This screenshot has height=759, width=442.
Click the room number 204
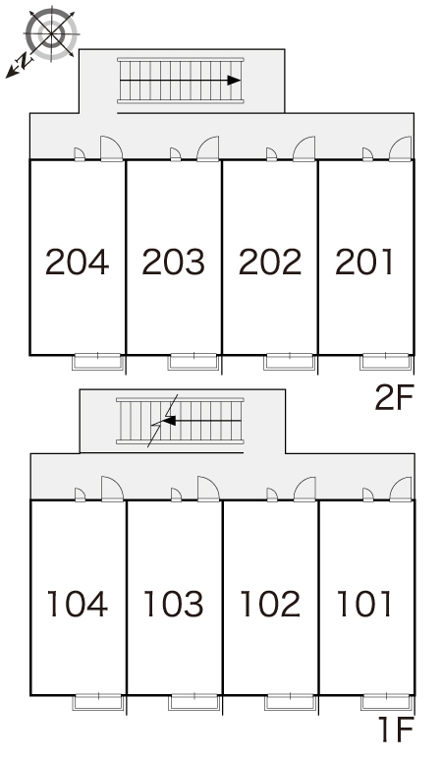(x=78, y=262)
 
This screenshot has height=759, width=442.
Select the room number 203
(x=174, y=262)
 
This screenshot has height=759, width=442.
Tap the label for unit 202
(x=270, y=262)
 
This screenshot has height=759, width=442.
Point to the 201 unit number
(x=363, y=262)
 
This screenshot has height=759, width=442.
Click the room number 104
(x=78, y=604)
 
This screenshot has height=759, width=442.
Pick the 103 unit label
(x=174, y=604)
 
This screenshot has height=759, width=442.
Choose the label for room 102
(x=270, y=604)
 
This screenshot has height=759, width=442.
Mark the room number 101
(x=363, y=604)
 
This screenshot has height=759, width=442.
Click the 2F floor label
(x=395, y=398)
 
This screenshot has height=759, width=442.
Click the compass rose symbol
(x=51, y=33)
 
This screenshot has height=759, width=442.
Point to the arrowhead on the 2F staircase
(x=234, y=81)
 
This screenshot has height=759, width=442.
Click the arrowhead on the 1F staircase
(x=169, y=421)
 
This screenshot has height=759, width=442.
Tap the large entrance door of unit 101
(x=401, y=489)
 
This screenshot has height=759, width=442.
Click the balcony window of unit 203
(x=193, y=362)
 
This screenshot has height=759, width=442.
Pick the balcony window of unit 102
(x=290, y=702)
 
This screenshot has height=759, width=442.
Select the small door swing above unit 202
(x=272, y=154)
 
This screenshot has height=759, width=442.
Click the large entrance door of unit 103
(x=208, y=489)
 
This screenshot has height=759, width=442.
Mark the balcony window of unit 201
(x=386, y=362)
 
